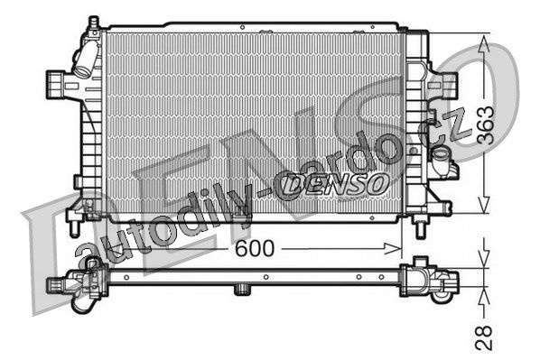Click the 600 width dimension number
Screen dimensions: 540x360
point(255,248)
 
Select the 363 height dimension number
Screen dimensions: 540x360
point(485,125)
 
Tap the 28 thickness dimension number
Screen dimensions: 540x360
point(485,337)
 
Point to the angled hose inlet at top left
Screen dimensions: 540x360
point(85,60)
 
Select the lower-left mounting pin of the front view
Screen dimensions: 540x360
point(74,228)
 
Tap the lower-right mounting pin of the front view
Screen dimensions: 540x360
point(421,230)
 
